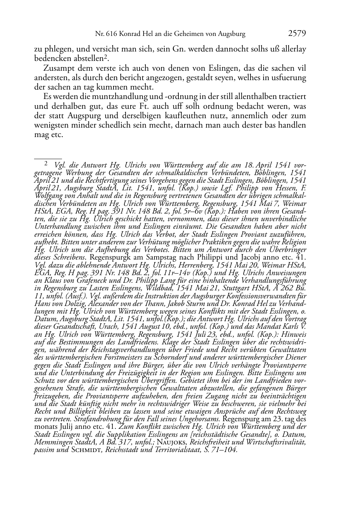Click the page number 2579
tap(297, 34)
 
